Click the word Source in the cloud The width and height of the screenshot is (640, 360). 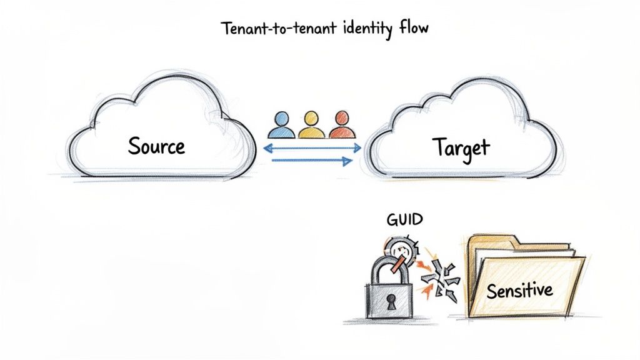[156, 146]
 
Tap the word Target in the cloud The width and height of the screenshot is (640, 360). [461, 147]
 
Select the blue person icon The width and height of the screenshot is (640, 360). [282, 125]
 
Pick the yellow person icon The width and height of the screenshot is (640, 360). [310, 125]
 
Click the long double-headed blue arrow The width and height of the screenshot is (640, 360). [312, 148]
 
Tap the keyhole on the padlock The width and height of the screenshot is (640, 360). [391, 302]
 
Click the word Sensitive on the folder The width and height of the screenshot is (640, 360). [519, 290]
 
